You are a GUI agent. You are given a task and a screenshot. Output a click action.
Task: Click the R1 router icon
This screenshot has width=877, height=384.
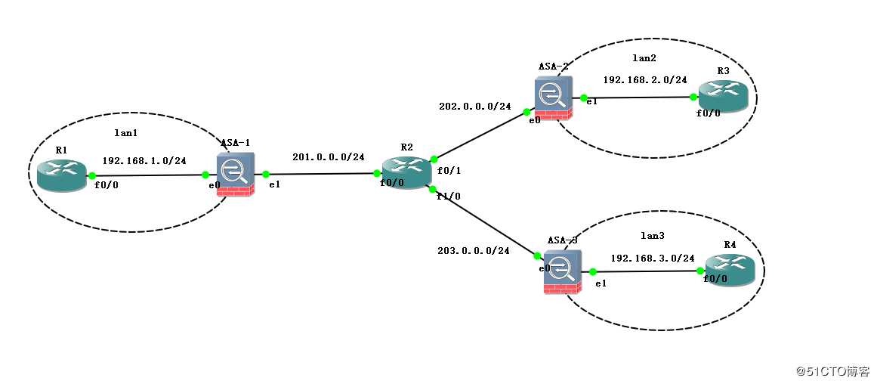click(x=62, y=175)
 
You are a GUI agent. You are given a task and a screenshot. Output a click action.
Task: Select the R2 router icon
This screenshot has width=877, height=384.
click(x=406, y=172)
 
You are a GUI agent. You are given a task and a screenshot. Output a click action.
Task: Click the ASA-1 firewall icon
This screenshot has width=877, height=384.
click(x=235, y=175)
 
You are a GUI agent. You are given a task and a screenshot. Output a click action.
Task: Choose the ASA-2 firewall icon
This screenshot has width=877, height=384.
click(x=554, y=98)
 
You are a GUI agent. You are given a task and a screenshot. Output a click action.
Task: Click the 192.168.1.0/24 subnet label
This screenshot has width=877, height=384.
click(x=144, y=161)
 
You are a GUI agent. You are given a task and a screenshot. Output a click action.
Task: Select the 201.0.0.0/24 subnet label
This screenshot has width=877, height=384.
click(x=329, y=157)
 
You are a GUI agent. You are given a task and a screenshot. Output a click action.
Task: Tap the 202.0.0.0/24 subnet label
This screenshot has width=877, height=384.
click(x=474, y=107)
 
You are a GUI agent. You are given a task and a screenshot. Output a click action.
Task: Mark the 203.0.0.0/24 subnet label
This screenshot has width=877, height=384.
click(x=473, y=250)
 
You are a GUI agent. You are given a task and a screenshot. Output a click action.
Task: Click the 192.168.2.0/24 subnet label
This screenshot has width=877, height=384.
click(x=645, y=79)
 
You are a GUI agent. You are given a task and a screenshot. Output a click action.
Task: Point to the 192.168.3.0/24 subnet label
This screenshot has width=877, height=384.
click(x=653, y=258)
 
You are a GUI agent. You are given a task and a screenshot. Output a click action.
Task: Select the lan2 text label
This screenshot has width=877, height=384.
click(x=644, y=57)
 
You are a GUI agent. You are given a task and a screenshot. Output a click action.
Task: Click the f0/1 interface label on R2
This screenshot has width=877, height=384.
click(x=449, y=171)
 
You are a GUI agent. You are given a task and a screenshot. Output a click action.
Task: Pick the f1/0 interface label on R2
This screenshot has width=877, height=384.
click(x=449, y=196)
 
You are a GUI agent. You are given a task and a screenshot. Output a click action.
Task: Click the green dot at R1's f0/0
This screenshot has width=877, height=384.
click(x=91, y=175)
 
